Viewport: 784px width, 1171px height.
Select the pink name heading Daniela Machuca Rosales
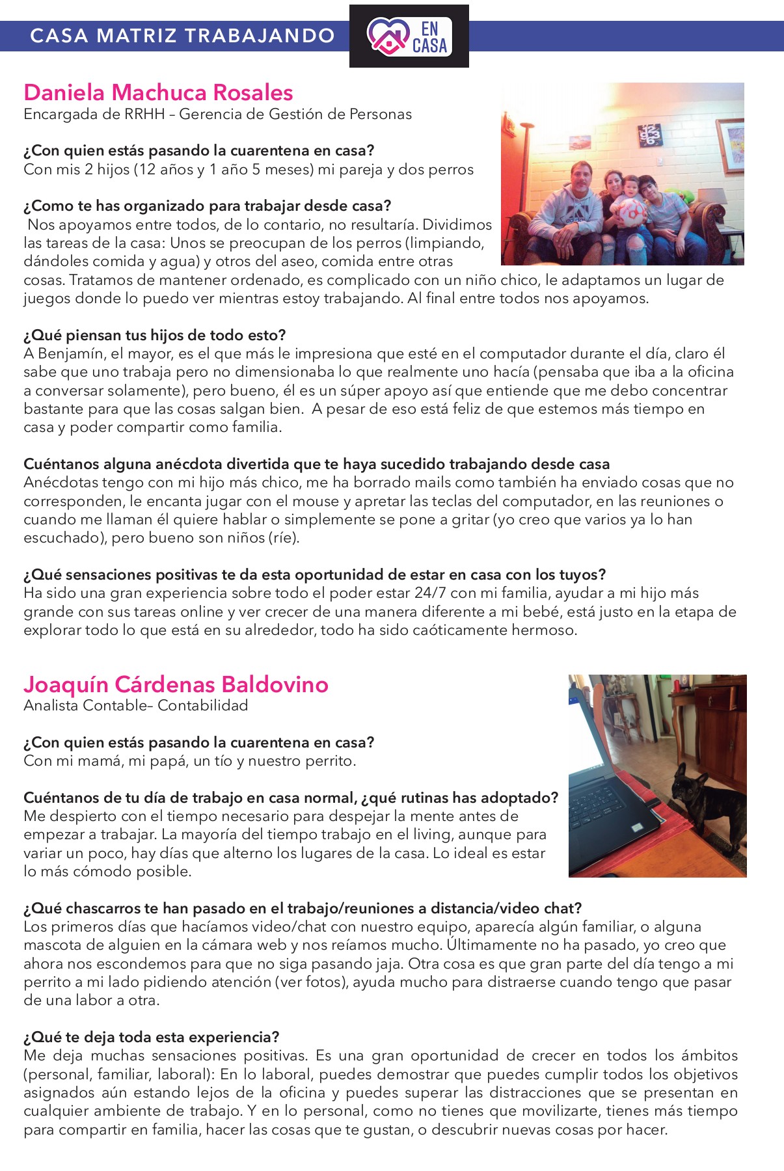tap(158, 92)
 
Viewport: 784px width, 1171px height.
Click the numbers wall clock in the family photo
tap(650, 135)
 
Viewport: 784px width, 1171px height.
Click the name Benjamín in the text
tap(72, 354)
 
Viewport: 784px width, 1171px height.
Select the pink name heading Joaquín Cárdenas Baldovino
tap(176, 684)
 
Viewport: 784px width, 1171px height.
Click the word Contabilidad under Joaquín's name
tap(203, 705)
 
